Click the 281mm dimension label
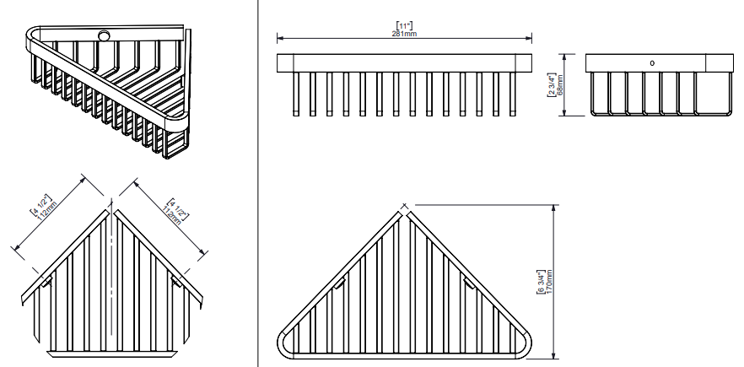405,34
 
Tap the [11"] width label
405,26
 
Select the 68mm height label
559,84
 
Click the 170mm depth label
549,281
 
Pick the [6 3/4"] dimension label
541,281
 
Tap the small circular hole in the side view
650,62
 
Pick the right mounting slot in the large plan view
469,284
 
